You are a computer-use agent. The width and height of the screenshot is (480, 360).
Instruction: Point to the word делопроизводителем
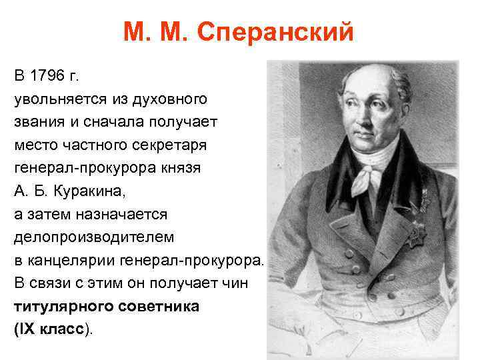pyautogui.click(x=93, y=237)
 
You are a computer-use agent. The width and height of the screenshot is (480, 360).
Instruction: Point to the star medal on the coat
pyautogui.click(x=418, y=232)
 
